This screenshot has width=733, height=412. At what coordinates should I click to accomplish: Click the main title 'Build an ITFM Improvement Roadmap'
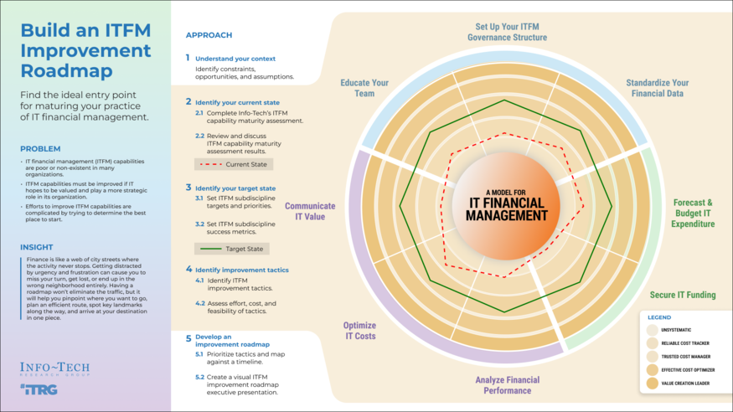click(85, 49)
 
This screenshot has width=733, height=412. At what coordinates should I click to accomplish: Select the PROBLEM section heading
click(40, 149)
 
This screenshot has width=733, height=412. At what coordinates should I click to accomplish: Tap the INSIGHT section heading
click(38, 247)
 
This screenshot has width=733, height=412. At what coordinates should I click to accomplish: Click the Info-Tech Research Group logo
click(54, 369)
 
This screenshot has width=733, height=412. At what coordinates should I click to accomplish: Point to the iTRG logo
click(39, 389)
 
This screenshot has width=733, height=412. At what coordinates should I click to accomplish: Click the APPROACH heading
click(209, 35)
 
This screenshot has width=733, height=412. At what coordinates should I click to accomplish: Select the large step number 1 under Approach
click(188, 58)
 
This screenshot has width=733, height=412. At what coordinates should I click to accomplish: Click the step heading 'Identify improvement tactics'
click(242, 270)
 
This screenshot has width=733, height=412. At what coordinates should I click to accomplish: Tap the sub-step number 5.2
click(199, 378)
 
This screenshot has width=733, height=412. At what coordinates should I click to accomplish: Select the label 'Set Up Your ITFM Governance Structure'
click(507, 32)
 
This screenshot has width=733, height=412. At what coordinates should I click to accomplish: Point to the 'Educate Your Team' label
click(364, 88)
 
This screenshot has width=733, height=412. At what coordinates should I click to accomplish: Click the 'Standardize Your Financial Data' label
click(657, 88)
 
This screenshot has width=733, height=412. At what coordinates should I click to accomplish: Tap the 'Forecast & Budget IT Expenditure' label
click(693, 213)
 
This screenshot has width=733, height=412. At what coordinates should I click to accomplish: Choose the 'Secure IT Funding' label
click(683, 295)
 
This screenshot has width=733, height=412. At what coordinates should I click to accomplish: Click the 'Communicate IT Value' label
click(309, 211)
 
